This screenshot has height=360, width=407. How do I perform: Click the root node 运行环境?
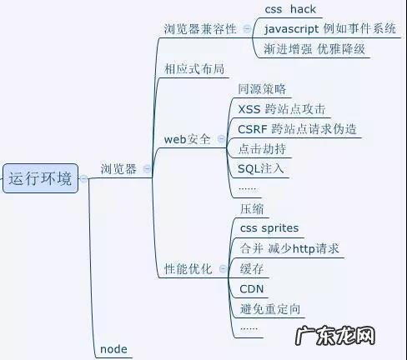[39, 178]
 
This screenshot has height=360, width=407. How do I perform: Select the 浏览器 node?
[118, 169]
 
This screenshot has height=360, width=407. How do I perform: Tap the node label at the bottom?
[113, 349]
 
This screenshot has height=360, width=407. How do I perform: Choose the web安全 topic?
[187, 139]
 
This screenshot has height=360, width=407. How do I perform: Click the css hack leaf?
[290, 10]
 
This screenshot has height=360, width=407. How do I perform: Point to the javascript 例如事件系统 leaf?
[329, 29]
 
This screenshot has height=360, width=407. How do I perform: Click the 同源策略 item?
[261, 88]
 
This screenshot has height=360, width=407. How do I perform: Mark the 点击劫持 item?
[261, 148]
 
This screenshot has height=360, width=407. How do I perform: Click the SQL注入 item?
[261, 168]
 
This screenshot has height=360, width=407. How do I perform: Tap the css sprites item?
[269, 227]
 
